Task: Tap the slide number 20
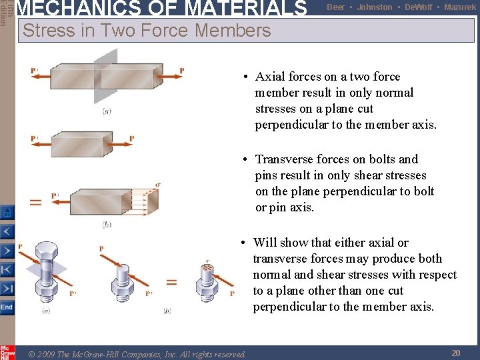[x=456, y=353]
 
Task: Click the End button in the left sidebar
[x=7, y=307]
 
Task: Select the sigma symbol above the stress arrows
[x=157, y=183]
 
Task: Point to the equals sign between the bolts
[x=171, y=283]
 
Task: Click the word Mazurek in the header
[x=460, y=7]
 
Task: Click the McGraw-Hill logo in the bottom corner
[x=7, y=352]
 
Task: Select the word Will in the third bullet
[x=265, y=243]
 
